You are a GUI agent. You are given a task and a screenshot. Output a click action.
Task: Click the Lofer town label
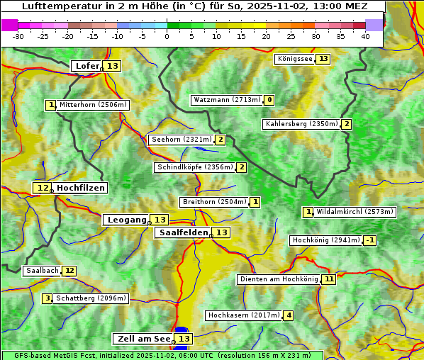pyautogui.click(x=87, y=66)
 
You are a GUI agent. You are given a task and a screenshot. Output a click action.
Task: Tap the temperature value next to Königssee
pyautogui.click(x=323, y=59)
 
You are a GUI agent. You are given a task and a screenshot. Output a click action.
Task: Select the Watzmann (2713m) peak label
pyautogui.click(x=227, y=100)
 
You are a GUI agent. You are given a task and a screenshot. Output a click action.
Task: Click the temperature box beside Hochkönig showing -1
pyautogui.click(x=369, y=240)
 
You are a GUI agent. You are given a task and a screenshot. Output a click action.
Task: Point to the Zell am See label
pyautogui.click(x=143, y=339)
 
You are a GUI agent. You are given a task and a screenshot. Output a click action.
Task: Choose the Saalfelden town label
pyautogui.click(x=182, y=232)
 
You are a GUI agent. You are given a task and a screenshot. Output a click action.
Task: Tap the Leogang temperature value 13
pyautogui.click(x=160, y=220)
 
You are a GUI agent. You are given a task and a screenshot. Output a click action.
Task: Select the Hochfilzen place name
pyautogui.click(x=81, y=188)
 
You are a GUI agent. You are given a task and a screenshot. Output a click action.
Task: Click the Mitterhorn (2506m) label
pyautogui.click(x=93, y=105)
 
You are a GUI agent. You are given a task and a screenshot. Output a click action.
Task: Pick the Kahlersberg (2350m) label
pyautogui.click(x=301, y=124)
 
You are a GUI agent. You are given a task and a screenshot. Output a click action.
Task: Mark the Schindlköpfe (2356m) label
pyautogui.click(x=194, y=167)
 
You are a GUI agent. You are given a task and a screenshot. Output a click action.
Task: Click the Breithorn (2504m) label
pyautogui.click(x=213, y=202)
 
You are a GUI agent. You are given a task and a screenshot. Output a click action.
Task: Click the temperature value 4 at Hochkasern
pyautogui.click(x=288, y=315)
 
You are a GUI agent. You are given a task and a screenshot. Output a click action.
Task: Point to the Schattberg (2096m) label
pyautogui.click(x=91, y=298)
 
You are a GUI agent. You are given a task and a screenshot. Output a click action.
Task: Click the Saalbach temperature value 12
pyautogui.click(x=69, y=271)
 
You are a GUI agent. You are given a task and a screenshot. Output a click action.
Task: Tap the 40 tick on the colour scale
pyautogui.click(x=365, y=36)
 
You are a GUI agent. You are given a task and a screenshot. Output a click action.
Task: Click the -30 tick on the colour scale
pyautogui.click(x=18, y=36)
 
